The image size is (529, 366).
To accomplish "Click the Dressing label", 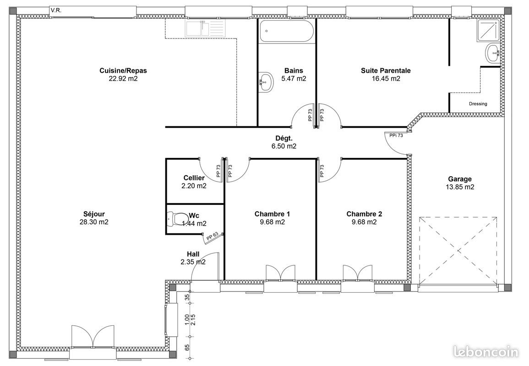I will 478,104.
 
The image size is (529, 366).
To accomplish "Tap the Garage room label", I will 459,179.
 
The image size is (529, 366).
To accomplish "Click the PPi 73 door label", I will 396,135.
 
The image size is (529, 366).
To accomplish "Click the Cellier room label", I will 194,178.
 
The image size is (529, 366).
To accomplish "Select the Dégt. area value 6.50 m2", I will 284,146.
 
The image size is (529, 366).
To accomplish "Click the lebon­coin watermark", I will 485,351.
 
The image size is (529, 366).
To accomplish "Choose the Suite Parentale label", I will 386,70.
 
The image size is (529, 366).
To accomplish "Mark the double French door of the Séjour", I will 93,338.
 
